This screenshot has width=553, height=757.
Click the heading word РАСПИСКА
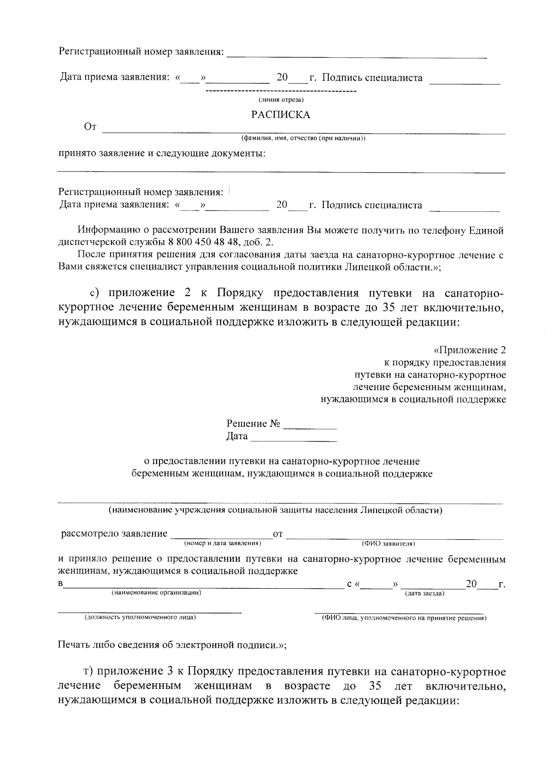click(x=280, y=115)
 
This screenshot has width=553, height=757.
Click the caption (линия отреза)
click(x=281, y=100)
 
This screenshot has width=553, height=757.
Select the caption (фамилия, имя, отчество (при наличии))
click(x=303, y=138)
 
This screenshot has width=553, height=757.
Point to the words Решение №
click(x=253, y=424)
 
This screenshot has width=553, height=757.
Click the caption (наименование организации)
click(x=156, y=593)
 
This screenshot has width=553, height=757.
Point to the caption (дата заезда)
click(x=424, y=593)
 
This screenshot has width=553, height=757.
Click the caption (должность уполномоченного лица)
click(x=140, y=617)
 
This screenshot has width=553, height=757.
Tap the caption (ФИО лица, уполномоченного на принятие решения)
click(x=404, y=618)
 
